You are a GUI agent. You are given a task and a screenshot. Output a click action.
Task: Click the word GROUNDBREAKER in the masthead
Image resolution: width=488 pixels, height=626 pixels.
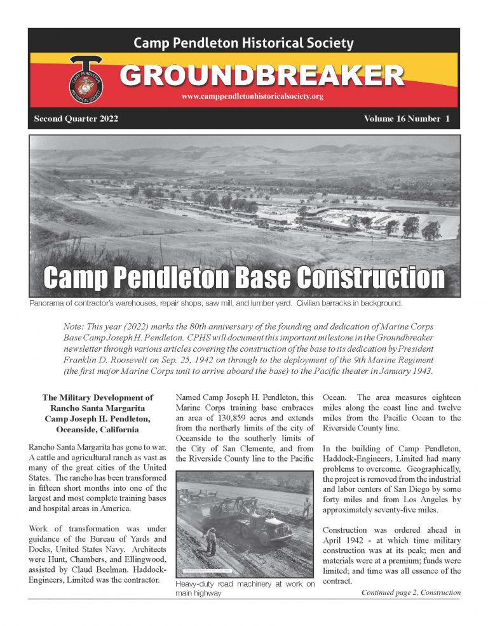[262, 76]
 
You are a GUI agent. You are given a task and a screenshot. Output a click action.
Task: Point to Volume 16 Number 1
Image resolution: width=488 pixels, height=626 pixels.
[407, 119]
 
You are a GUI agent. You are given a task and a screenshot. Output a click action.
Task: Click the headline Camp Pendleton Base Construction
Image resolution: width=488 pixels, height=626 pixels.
[243, 277]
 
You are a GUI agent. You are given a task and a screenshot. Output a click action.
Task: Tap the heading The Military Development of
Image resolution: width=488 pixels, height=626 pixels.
[98, 397]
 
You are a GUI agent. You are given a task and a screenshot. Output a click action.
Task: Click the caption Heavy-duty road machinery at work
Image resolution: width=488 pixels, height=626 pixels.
[245, 584]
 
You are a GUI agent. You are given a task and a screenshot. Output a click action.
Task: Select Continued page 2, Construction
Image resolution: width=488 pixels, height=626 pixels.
[410, 592]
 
